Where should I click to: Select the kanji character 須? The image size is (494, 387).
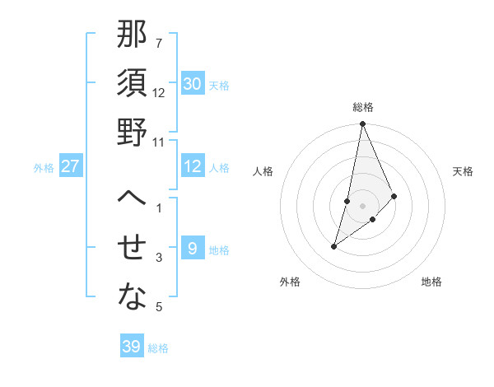coord(133,84)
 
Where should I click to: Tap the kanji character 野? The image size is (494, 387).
coord(133,132)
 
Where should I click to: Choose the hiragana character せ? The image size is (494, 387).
coord(133,248)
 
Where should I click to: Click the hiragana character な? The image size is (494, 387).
coord(133,297)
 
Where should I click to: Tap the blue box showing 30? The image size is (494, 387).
coord(193,84)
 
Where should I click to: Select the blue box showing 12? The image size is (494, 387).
coord(193,166)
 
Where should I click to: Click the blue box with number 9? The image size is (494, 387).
coord(193,249)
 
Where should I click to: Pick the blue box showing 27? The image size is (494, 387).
coord(71,166)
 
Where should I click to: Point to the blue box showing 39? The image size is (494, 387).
coord(132,347)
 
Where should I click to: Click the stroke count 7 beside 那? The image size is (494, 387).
coord(158,43)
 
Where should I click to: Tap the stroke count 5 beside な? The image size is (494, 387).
coord(158,308)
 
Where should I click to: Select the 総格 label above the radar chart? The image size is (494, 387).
coord(363,107)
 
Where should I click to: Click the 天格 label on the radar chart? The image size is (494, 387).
coord(464,171)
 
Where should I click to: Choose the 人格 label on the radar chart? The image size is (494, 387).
coord(263,171)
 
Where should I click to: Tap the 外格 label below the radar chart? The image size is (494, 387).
coord(290,282)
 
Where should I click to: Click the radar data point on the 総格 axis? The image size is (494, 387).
coord(362,124)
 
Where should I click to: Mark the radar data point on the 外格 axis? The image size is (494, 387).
coord(334,246)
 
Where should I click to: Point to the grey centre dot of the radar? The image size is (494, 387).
coord(363,205)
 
